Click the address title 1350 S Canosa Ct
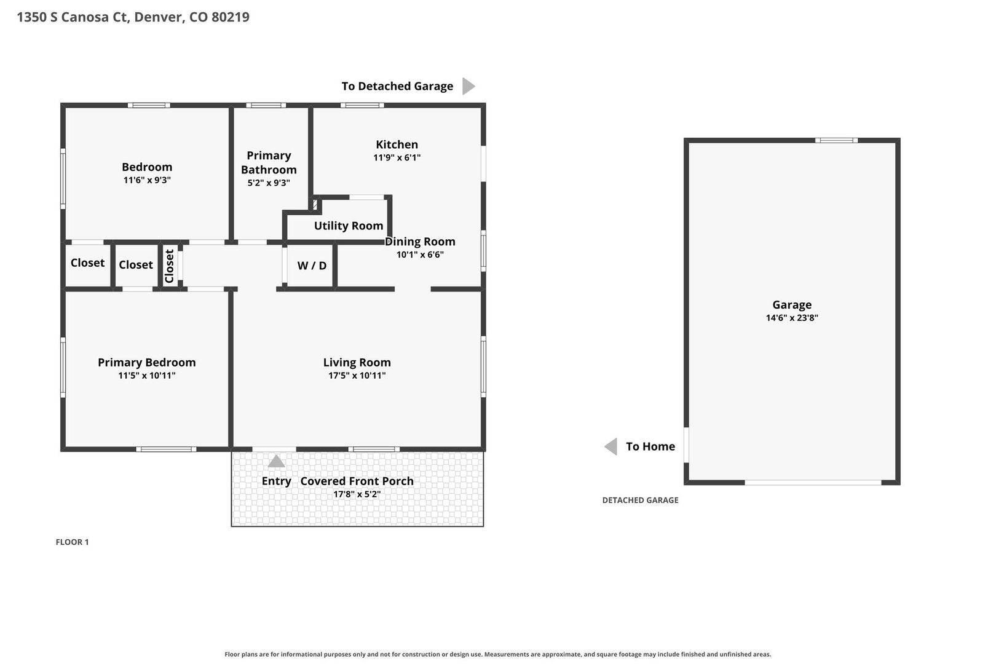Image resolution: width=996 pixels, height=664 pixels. coord(73,17)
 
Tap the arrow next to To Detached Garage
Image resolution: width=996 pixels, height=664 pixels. coord(468,86)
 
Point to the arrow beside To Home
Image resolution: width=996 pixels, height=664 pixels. coord(611,446)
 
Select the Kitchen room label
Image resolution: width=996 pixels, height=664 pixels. coord(397,144)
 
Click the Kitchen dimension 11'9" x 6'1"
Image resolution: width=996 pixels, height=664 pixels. coord(397,157)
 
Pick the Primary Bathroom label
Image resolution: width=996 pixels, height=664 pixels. coord(269,162)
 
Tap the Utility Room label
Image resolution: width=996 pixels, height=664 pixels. coord(349,226)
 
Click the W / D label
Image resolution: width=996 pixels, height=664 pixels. coord(312,266)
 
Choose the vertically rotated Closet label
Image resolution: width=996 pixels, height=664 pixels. coord(169,266)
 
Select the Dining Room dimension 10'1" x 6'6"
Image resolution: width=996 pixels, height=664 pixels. coord(420,255)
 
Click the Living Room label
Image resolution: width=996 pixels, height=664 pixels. coord(357,363)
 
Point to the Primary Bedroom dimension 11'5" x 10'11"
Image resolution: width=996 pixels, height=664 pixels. coord(147,376)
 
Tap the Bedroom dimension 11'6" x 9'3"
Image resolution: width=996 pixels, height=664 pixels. coord(147,180)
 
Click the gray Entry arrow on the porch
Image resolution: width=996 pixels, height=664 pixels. coord(276,461)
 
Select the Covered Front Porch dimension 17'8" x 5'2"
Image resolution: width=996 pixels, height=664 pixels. coord(357,494)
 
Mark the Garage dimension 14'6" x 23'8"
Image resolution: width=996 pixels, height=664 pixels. coord(791,318)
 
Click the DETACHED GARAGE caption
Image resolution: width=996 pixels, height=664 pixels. coord(640,500)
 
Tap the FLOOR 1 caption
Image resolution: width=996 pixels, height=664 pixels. coord(72,542)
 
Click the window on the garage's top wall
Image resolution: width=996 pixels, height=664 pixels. coord(836,141)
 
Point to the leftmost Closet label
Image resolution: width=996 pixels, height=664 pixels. coord(87,263)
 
